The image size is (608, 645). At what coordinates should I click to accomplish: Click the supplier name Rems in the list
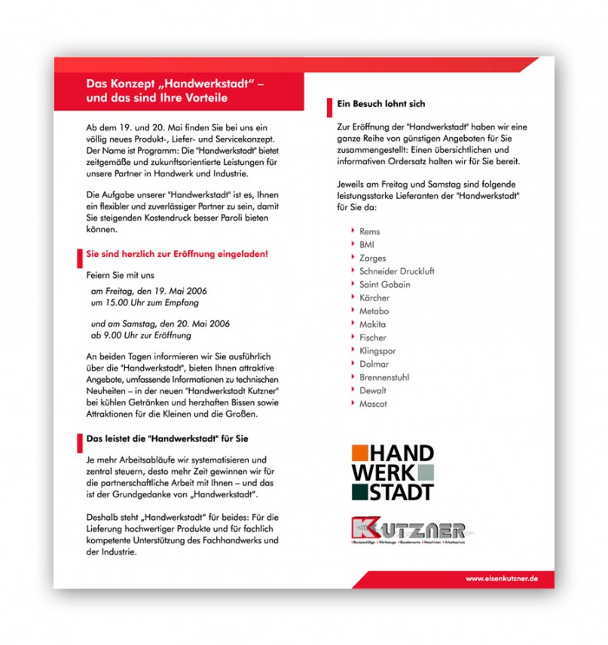(x=370, y=231)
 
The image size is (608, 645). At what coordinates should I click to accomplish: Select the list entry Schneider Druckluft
(x=397, y=271)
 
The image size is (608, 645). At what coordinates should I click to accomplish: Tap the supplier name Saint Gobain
(x=385, y=285)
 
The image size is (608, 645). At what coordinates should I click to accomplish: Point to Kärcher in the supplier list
(x=374, y=298)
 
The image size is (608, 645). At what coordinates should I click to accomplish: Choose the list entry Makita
(x=373, y=324)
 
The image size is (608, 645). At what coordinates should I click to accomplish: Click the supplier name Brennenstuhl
(x=384, y=378)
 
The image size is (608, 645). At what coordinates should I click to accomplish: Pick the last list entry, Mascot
(x=373, y=404)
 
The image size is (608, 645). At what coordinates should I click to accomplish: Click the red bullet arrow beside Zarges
(x=353, y=258)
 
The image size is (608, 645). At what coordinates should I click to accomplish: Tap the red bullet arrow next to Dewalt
(x=353, y=390)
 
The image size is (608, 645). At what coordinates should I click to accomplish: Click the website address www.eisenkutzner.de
(x=501, y=579)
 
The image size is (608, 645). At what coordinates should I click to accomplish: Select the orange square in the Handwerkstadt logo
(x=360, y=452)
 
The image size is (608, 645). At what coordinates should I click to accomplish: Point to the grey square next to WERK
(x=426, y=472)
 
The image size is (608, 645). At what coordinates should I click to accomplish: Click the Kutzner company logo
(x=408, y=528)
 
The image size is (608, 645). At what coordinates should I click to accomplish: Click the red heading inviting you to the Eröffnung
(x=177, y=254)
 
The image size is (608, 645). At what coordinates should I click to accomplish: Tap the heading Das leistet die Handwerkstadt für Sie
(x=167, y=438)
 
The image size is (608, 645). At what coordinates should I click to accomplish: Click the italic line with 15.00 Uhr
(x=145, y=303)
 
